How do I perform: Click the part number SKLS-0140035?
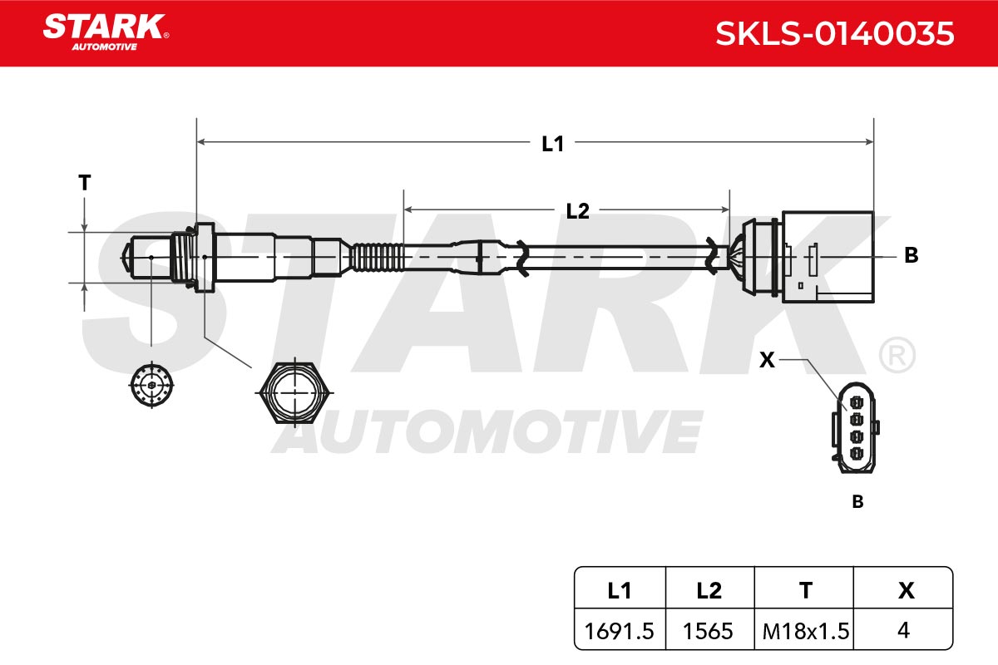tap(834, 34)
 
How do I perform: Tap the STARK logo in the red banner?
tap(106, 32)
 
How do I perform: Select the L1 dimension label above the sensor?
tap(552, 144)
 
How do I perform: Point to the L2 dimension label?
tap(577, 211)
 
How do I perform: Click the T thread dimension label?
tap(85, 183)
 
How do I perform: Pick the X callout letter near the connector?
tap(767, 360)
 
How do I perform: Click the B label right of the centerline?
tap(912, 255)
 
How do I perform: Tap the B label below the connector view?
tap(857, 501)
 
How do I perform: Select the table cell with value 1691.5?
tap(620, 631)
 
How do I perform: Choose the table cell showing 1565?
tap(709, 631)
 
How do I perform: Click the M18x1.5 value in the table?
tap(806, 631)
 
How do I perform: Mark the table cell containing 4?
tap(903, 631)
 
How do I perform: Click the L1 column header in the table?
tap(620, 590)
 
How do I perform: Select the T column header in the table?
tap(804, 590)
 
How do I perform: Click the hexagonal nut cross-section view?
tap(294, 393)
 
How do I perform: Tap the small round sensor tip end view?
tap(151, 385)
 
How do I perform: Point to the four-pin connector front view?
tap(856, 427)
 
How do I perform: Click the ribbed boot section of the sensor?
tap(377, 257)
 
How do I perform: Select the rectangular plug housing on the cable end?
tap(828, 257)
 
